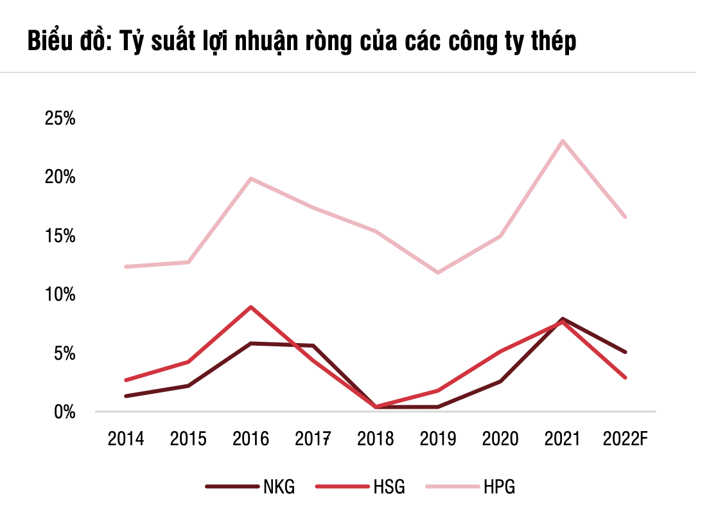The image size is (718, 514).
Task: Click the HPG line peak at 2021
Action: click(x=563, y=141)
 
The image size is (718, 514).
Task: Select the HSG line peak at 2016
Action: click(x=250, y=307)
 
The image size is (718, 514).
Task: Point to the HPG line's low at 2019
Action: click(x=438, y=272)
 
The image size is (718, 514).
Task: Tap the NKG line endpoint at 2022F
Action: click(x=625, y=351)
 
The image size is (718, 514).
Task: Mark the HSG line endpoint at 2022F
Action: click(x=625, y=377)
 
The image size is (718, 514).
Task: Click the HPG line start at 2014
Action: click(x=127, y=267)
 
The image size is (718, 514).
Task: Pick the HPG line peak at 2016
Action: click(x=250, y=179)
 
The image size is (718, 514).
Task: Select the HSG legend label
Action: click(x=389, y=486)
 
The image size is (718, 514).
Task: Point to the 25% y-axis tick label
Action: click(x=60, y=118)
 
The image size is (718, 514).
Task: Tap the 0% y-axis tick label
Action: click(x=64, y=412)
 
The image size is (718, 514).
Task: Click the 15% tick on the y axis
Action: click(x=60, y=236)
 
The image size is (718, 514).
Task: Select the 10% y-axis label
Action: click(x=60, y=294)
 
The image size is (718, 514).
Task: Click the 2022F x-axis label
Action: click(x=626, y=439)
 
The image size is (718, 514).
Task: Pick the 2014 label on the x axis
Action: click(x=126, y=439)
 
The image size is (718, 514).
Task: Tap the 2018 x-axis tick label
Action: click(x=376, y=439)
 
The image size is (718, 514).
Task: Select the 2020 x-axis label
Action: click(x=500, y=439)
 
